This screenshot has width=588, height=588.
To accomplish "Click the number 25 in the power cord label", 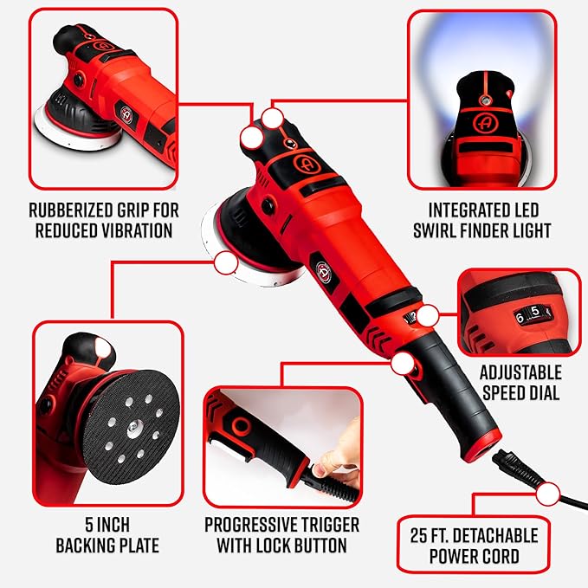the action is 418,535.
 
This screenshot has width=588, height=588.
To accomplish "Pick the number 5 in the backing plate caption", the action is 89,525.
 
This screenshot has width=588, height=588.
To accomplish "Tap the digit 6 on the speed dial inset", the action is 520,318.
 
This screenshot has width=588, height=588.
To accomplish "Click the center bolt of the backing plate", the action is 132,426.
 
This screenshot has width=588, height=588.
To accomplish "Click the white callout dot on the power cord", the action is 548,494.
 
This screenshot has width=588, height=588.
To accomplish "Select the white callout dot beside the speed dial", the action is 428,316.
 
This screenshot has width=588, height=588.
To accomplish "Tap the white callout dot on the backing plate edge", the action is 226,262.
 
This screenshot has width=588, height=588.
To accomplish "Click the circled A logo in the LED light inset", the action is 484,122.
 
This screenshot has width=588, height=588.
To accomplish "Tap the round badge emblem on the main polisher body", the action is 323,273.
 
